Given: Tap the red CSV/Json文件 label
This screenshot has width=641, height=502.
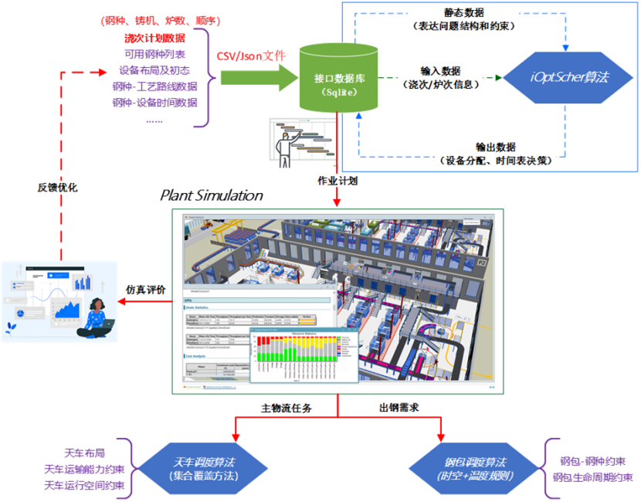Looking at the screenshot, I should tap(251, 56).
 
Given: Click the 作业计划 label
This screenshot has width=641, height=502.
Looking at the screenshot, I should tap(337, 180).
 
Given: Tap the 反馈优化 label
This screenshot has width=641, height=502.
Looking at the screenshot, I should tap(57, 188).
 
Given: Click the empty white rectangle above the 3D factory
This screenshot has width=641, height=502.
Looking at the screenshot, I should tap(209, 196).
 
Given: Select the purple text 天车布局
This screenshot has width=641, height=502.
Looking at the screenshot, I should tap(85, 452).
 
